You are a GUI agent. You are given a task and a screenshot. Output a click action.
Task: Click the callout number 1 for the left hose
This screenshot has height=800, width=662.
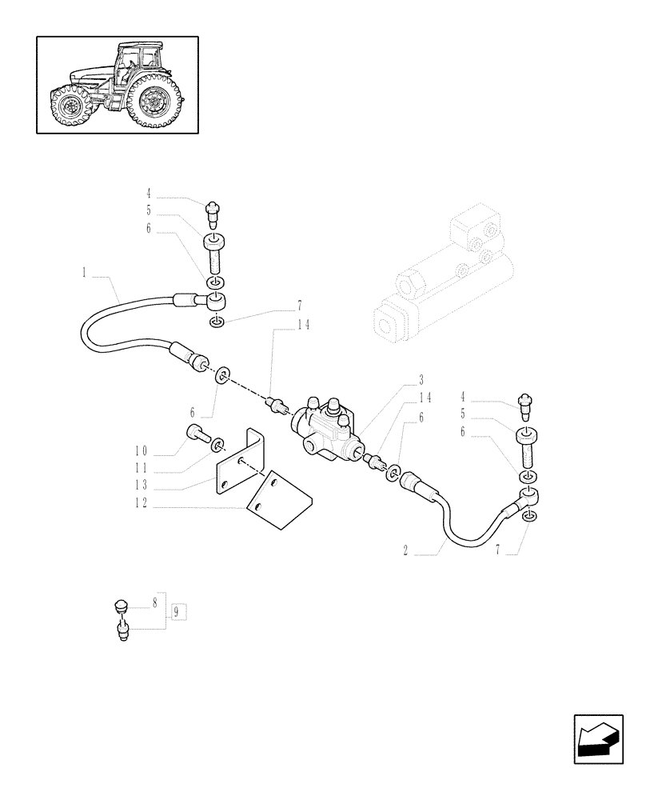point(84,273)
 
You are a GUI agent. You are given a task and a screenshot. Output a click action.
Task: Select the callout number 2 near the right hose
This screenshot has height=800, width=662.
point(407,551)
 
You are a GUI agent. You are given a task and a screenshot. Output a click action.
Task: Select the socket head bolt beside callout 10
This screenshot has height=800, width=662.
point(197,434)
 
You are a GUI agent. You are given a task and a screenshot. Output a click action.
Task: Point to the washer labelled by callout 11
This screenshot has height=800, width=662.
point(217,441)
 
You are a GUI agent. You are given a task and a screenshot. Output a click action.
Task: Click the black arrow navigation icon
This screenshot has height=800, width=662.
point(598,738)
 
